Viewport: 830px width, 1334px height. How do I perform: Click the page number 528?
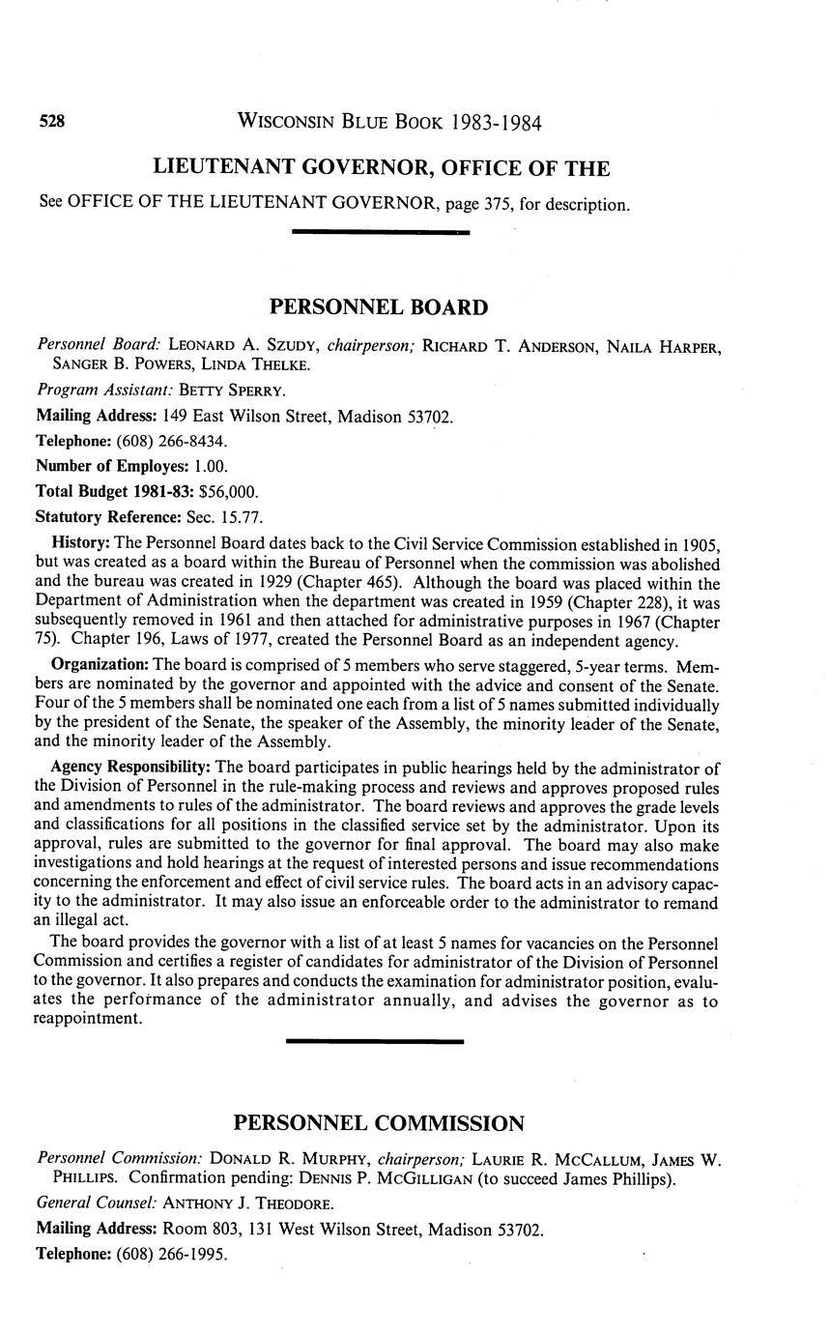(51, 122)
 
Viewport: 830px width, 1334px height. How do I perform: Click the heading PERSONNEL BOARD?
(378, 307)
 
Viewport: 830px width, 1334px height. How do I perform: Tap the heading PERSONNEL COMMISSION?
(378, 1123)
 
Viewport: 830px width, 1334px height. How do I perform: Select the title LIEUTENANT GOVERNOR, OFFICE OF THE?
(381, 169)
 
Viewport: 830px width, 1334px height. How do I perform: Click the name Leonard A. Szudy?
(244, 345)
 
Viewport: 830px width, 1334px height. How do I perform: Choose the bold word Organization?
(100, 666)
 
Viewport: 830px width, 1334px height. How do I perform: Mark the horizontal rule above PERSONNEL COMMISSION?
(375, 1041)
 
